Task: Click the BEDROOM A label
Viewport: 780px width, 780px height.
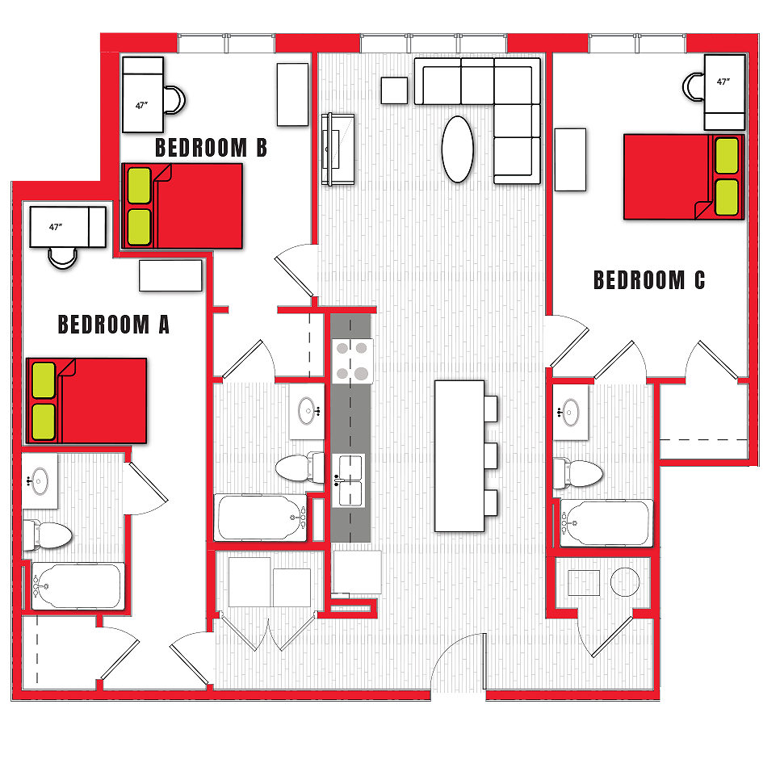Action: pos(114,325)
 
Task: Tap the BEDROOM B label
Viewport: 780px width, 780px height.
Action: pos(211,148)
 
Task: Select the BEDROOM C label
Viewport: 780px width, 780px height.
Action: pos(649,280)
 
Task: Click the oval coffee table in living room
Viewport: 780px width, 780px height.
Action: pos(458,149)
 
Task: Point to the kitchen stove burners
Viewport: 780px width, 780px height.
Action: pos(351,360)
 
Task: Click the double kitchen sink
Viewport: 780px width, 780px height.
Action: pos(350,479)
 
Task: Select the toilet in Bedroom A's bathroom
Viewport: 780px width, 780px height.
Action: pos(47,534)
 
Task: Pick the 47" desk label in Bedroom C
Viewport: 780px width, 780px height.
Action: pos(723,82)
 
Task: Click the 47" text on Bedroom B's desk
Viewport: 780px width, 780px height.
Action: pos(141,105)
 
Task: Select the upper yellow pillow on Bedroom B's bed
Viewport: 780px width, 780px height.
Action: pos(140,186)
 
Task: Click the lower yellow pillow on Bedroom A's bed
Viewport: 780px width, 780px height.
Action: pos(43,421)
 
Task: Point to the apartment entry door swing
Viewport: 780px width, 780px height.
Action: pos(459,663)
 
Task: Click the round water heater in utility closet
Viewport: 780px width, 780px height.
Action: pos(624,582)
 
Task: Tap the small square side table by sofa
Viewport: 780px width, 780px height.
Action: pos(395,90)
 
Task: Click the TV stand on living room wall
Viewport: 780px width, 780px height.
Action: pos(338,150)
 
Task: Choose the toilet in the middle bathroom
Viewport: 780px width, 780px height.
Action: pos(300,467)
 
